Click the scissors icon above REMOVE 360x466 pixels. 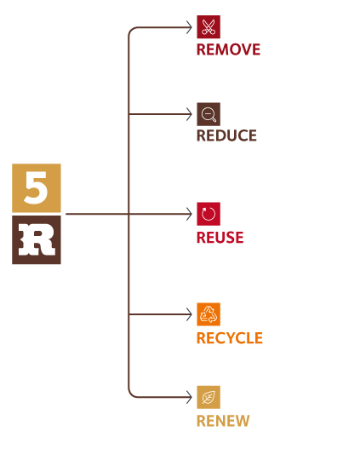pyautogui.click(x=209, y=26)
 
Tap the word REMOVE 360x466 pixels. pyautogui.click(x=228, y=49)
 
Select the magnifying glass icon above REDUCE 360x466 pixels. pyautogui.click(x=209, y=114)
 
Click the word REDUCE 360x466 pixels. pyautogui.click(x=226, y=135)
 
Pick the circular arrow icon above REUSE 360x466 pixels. pyautogui.click(x=209, y=214)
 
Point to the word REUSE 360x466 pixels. pyautogui.click(x=220, y=238)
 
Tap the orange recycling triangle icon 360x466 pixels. pyautogui.click(x=209, y=314)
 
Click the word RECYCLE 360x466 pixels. pyautogui.click(x=230, y=338)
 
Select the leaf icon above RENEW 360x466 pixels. pyautogui.click(x=209, y=397)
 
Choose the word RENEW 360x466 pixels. pyautogui.click(x=223, y=421)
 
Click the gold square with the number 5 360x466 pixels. pyautogui.click(x=37, y=187)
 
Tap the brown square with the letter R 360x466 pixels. pyautogui.click(x=37, y=240)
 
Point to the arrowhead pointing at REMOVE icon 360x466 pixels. pyautogui.click(x=189, y=27)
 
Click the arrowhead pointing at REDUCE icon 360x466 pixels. pyautogui.click(x=189, y=114)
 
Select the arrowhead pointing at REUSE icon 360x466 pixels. pyautogui.click(x=189, y=214)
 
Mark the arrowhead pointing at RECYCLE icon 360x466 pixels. pyautogui.click(x=189, y=314)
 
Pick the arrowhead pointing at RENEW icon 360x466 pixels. pyautogui.click(x=189, y=397)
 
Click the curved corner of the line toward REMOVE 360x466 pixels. pyautogui.click(x=131, y=30)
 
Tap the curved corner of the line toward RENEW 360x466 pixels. pyautogui.click(x=131, y=394)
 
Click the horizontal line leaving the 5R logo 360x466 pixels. pyautogui.click(x=97, y=214)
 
